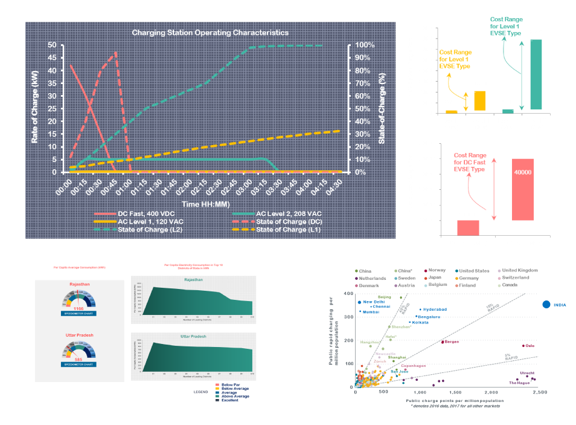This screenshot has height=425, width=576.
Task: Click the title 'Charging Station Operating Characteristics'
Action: [210, 32]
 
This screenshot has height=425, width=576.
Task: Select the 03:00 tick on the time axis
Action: [249, 184]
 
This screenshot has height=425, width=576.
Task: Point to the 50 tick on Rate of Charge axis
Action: [53, 45]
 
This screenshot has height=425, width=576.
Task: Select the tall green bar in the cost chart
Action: [536, 74]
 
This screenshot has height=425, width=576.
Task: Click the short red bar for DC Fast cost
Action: [468, 228]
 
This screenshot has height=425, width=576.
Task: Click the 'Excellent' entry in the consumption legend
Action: [230, 400]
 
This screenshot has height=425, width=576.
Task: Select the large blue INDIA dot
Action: [546, 305]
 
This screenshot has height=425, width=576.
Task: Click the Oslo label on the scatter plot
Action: [530, 346]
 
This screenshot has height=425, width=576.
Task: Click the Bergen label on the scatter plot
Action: [452, 342]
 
